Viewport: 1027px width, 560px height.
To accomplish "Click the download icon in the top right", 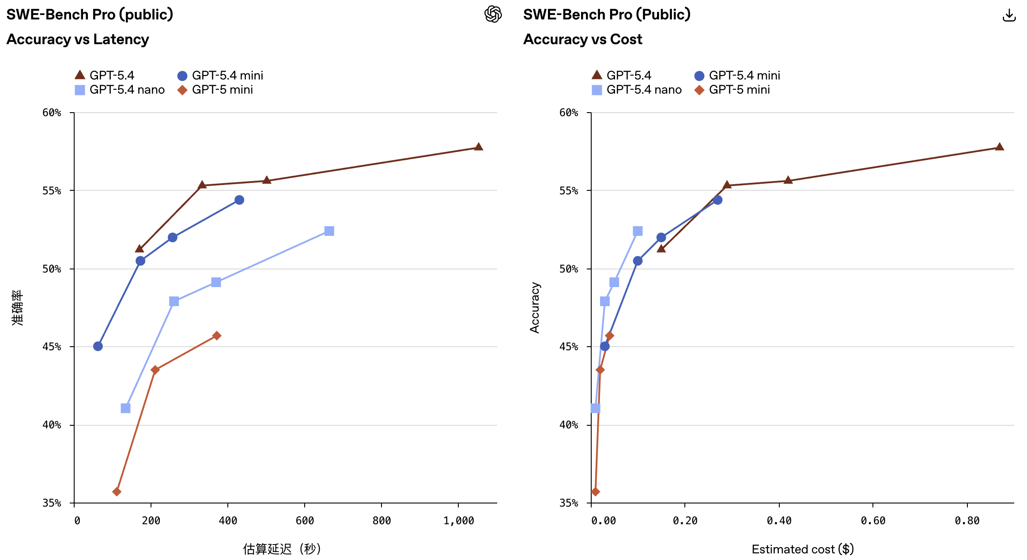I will tap(1009, 15).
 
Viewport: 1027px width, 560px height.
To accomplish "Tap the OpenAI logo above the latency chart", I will tap(493, 14).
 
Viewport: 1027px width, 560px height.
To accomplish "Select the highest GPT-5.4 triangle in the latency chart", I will tap(478, 147).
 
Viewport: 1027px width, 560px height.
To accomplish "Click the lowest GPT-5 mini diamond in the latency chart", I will tap(117, 492).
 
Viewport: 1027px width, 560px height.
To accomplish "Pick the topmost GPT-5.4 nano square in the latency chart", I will tap(329, 231).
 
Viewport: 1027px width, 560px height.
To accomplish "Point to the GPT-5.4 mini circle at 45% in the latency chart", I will tap(98, 346).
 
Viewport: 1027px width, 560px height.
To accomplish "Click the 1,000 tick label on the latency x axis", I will tap(458, 521).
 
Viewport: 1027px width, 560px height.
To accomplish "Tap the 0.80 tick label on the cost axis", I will tap(967, 521).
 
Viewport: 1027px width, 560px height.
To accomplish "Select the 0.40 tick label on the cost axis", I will tap(779, 521).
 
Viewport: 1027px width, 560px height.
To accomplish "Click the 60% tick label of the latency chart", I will tap(52, 113).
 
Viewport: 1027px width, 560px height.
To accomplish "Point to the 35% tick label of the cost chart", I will tap(569, 503).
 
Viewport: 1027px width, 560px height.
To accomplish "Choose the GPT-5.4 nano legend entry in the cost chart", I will tap(637, 90).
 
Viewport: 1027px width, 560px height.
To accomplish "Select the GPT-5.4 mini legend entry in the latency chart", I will tap(220, 76).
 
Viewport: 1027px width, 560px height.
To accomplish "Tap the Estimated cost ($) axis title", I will tap(803, 549).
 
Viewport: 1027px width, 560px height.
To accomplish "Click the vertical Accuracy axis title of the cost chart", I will tap(535, 307).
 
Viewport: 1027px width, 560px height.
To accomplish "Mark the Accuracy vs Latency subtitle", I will tap(78, 39).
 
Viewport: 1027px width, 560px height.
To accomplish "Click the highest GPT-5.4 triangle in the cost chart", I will tap(1000, 147).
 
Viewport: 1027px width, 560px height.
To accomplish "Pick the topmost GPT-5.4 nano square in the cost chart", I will tap(638, 231).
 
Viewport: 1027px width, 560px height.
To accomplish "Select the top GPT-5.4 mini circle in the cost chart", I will tap(717, 200).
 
